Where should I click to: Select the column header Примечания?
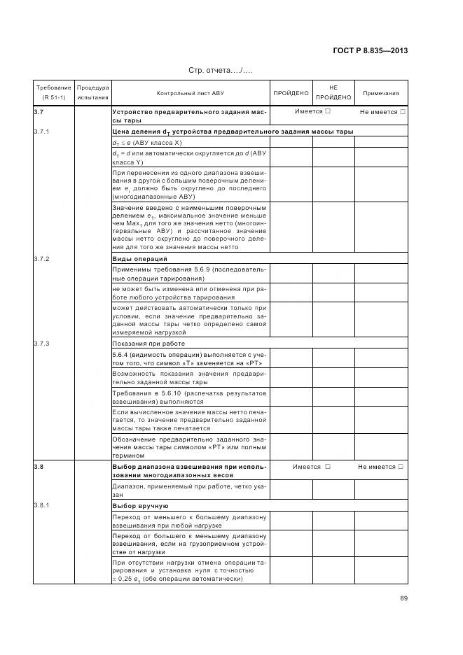point(381,92)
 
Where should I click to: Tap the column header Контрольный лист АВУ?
point(191,92)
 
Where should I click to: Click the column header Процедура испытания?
point(92,92)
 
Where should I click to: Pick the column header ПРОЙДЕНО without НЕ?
point(291,92)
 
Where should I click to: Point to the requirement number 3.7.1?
point(41,132)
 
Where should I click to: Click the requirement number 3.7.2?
point(41,259)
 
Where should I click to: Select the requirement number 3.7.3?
point(41,344)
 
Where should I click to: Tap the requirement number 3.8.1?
point(41,505)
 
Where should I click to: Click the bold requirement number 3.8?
point(39,466)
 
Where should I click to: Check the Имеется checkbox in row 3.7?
point(328,112)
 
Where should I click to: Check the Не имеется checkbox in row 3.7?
point(403,112)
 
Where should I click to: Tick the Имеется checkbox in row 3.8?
point(327,467)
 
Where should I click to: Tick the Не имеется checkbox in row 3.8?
point(402,467)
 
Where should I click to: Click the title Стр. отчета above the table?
point(220,71)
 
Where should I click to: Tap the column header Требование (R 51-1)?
point(53,92)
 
